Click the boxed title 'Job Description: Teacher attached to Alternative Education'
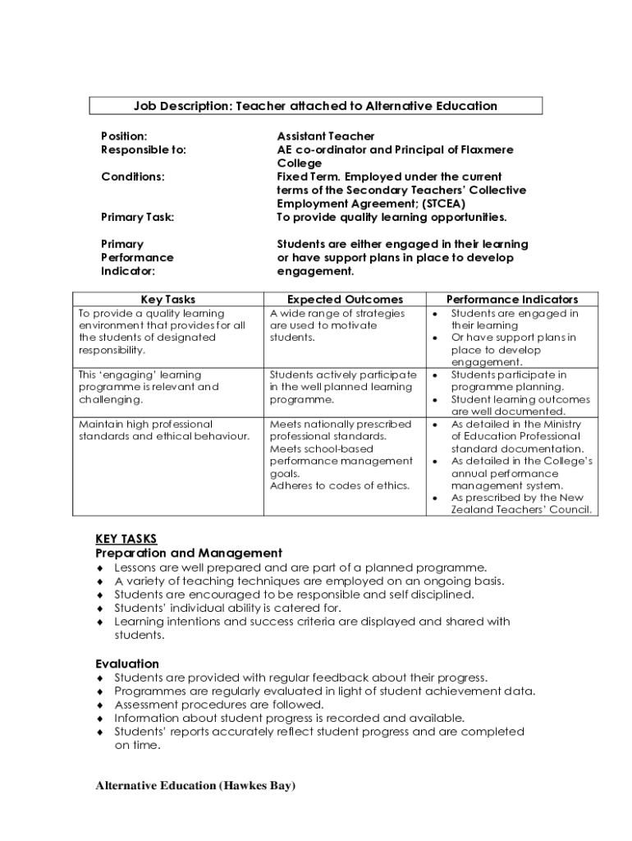point(315,106)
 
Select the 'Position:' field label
point(124,136)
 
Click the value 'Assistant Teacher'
point(325,136)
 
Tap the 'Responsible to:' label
point(143,149)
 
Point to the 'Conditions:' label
point(132,177)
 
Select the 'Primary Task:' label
point(137,217)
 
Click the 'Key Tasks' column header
point(167,300)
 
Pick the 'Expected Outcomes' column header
point(345,300)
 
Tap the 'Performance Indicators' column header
point(511,300)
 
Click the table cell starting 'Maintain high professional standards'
point(163,430)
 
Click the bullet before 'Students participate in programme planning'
point(435,375)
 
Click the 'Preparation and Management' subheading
point(189,553)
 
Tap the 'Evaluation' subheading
point(127,664)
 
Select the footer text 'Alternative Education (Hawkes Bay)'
point(195,786)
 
